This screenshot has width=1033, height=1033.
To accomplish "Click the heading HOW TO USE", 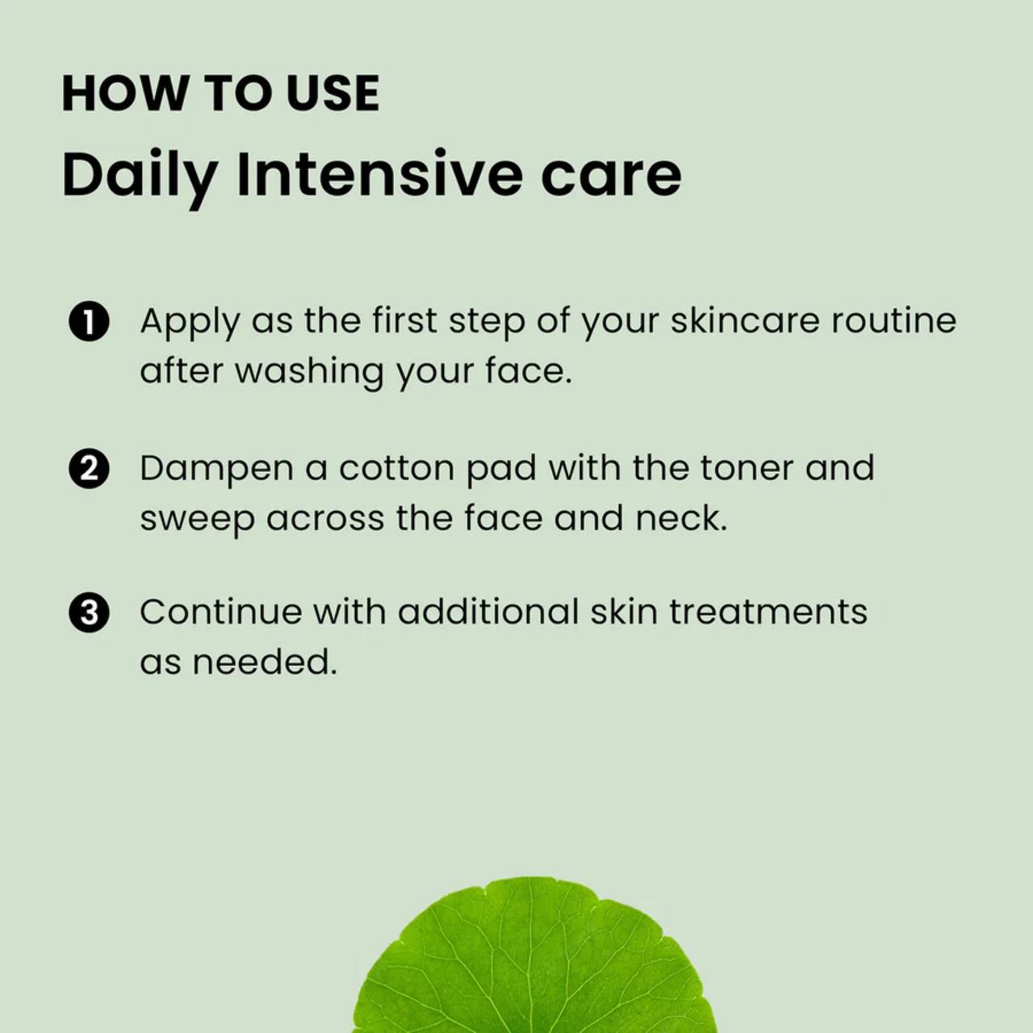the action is pos(221,94).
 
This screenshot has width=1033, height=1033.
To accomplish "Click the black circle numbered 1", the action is pos(89,324).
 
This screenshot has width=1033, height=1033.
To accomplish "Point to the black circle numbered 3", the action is pos(89,613).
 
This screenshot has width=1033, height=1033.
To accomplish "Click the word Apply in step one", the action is pos(190,324).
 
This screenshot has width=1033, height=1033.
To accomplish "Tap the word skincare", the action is pos(746,320).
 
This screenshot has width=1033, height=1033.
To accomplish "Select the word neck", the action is pos(681,518).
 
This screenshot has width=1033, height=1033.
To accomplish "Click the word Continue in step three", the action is pos(221,612).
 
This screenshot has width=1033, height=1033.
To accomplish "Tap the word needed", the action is pos(264,661).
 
